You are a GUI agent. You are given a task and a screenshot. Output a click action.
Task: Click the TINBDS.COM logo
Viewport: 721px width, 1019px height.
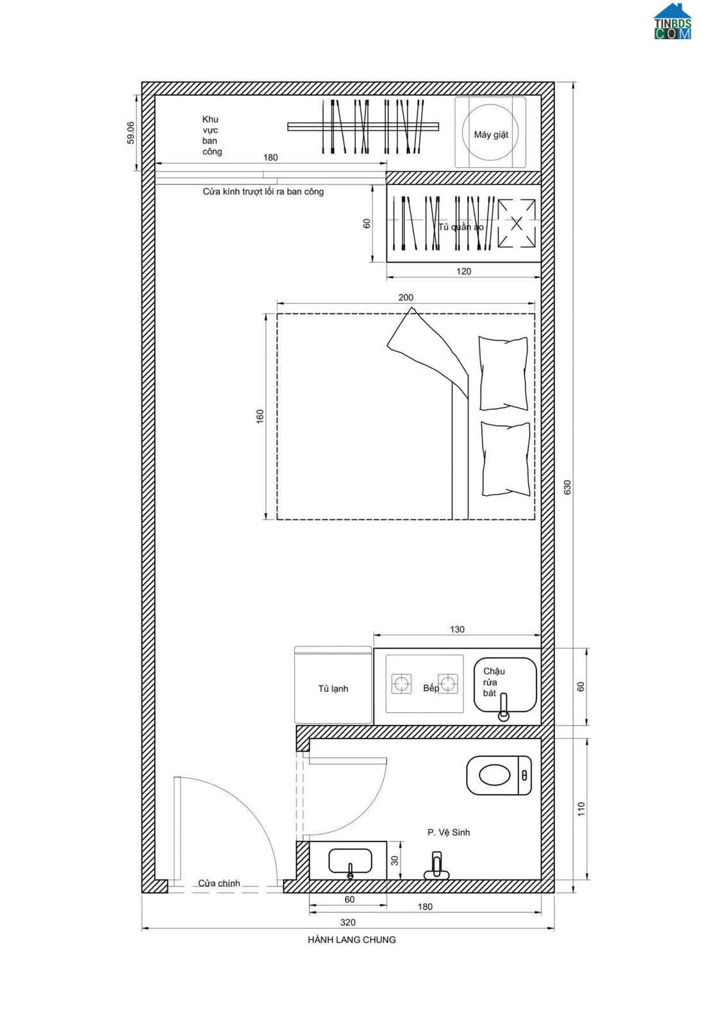[672, 21]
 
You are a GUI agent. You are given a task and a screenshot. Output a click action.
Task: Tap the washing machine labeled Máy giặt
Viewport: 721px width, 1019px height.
[490, 133]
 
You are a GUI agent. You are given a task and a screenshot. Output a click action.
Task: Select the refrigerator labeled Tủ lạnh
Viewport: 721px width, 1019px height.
[333, 685]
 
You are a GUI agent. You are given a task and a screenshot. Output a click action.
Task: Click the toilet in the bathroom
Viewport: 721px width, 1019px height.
[499, 775]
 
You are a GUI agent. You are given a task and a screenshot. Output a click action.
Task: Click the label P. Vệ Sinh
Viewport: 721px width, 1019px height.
[449, 832]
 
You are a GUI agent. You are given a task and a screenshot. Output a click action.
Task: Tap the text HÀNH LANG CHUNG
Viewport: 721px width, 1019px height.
[351, 940]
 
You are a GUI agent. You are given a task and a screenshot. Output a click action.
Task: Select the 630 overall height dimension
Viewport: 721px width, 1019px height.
[567, 487]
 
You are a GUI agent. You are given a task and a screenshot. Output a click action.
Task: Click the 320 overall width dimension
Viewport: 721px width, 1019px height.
[348, 922]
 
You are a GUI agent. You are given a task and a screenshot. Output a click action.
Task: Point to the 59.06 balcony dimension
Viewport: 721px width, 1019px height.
[131, 133]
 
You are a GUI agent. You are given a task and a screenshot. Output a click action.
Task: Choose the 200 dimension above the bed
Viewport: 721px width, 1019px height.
[406, 298]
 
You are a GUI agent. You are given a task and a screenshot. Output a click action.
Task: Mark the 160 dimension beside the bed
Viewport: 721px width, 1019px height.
[260, 416]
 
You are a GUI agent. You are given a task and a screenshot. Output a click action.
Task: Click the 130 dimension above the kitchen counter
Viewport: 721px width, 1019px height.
[457, 629]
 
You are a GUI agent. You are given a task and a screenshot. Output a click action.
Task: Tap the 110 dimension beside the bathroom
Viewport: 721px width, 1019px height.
[581, 809]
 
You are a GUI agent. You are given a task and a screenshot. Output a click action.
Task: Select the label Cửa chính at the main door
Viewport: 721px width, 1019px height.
[219, 883]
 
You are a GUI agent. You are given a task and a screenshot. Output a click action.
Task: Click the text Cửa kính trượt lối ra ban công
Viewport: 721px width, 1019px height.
[263, 192]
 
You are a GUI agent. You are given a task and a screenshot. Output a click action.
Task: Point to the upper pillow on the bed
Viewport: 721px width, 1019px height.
[503, 373]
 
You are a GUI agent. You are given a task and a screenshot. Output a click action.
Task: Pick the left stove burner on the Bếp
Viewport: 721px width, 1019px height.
[401, 684]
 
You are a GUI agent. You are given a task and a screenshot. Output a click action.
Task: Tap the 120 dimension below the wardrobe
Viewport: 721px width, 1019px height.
[463, 271]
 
